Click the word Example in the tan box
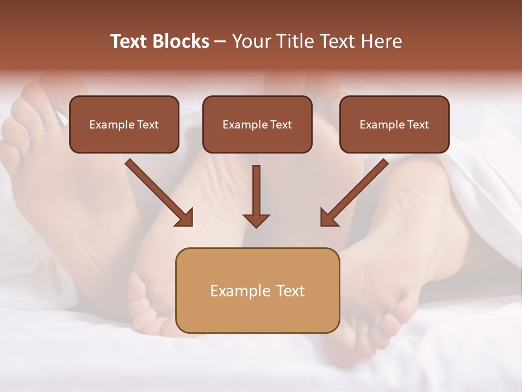tap(237, 291)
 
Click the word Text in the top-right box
tap(418, 125)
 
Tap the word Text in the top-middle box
tap(281, 125)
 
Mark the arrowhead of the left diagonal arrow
tap(185, 218)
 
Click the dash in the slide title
tap(220, 42)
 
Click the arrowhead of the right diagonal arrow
tap(328, 218)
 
